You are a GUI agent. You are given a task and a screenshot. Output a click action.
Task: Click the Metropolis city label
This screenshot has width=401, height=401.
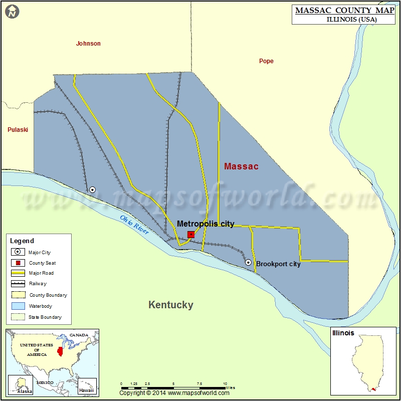pos(206,224)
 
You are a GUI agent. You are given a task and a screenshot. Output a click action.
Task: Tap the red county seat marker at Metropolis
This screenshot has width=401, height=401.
pos(191,234)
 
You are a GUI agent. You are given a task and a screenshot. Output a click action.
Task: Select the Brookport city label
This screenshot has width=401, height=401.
pos(278,264)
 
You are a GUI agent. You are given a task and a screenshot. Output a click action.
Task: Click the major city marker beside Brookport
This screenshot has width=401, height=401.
pos(248,262)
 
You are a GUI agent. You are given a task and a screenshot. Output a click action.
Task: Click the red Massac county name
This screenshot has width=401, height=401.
pos(241,166)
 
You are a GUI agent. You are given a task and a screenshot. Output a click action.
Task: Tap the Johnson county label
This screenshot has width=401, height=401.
pos(88,44)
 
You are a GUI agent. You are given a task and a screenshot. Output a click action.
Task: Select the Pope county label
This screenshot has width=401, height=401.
pos(266,61)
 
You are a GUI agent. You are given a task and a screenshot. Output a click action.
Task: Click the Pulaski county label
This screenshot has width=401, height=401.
pos(18,130)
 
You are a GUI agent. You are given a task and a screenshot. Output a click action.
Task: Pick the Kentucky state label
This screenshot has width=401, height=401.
pos(171,305)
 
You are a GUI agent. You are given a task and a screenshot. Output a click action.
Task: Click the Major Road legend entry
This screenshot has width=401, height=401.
pos(41,273)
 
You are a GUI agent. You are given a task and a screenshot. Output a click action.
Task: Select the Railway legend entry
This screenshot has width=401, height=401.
pos(38,284)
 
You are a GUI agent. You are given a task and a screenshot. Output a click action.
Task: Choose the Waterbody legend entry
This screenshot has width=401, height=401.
pos(41,306)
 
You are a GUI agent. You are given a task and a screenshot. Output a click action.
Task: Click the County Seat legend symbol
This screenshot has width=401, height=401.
pos(18,263)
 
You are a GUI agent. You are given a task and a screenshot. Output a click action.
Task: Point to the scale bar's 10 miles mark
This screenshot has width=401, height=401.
pos(225,384)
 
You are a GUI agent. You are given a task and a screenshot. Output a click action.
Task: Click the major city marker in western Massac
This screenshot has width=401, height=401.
pos(92,190)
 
